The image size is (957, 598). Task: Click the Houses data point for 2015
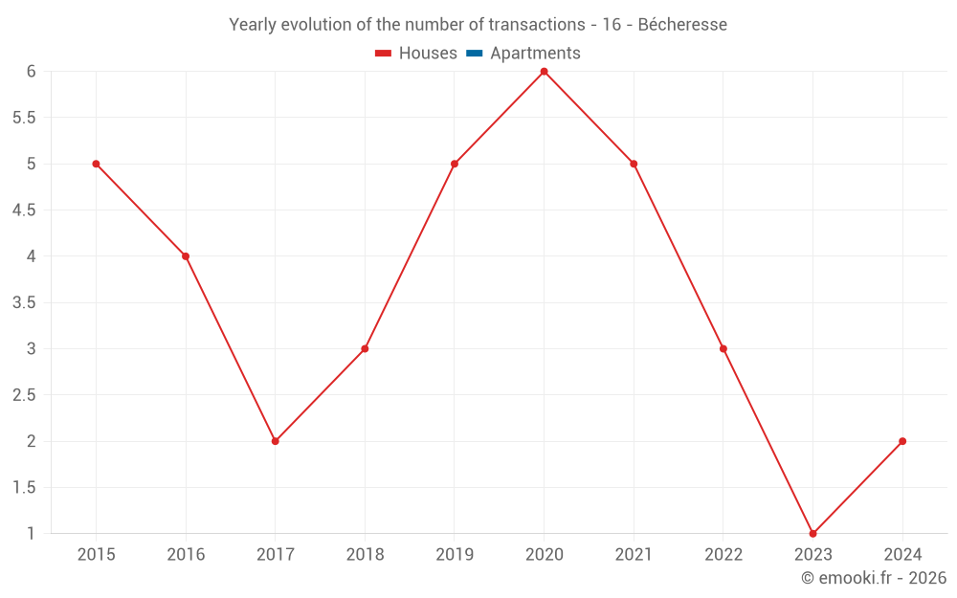click(x=96, y=164)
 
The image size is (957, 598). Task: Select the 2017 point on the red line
click(x=275, y=441)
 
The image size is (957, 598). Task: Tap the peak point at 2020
click(x=544, y=72)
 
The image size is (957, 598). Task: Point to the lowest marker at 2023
click(x=812, y=533)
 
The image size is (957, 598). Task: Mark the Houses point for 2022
click(x=723, y=348)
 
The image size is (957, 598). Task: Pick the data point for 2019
click(x=455, y=164)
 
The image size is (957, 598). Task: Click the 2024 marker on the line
click(x=902, y=441)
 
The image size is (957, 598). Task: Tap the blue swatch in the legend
click(x=474, y=54)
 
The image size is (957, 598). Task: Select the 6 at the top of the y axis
click(x=32, y=72)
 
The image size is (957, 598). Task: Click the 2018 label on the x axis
click(x=365, y=555)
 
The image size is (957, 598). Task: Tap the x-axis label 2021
click(x=634, y=555)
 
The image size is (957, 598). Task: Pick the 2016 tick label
click(x=186, y=555)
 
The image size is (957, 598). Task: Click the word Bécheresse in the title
click(x=682, y=25)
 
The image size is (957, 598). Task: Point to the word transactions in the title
click(x=536, y=25)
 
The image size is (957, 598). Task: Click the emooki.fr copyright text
click(x=874, y=578)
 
